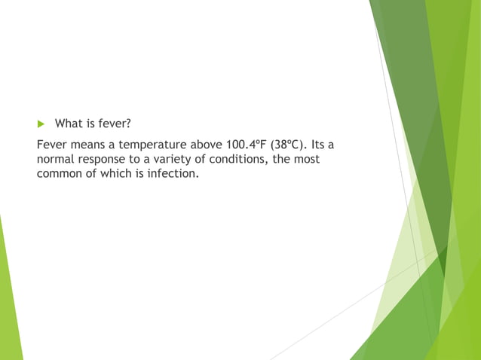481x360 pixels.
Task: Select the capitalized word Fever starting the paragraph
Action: tap(52, 144)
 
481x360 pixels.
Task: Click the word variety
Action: tap(170, 159)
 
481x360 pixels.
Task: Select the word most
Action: tap(305, 159)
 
